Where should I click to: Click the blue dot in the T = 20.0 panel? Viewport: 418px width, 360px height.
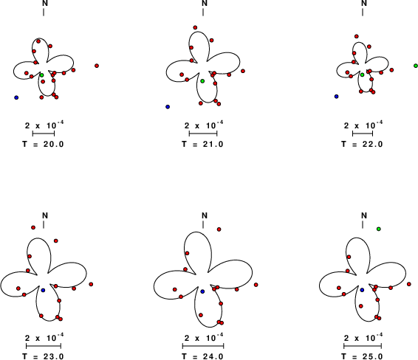[x=16, y=97]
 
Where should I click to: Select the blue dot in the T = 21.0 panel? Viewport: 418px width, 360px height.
[x=168, y=107]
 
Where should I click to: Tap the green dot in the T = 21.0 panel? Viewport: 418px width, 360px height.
[x=202, y=81]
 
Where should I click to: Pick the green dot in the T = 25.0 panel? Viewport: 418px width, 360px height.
[x=379, y=229]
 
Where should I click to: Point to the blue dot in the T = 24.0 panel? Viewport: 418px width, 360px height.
[x=202, y=291]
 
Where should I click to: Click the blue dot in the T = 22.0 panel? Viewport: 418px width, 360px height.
[x=337, y=97]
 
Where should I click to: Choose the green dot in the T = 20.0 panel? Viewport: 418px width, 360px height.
[x=41, y=75]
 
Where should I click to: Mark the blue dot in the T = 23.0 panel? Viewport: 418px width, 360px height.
[x=43, y=290]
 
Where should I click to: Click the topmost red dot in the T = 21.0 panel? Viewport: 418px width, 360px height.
[x=195, y=27]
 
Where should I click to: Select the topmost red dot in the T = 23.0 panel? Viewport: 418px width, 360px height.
[x=33, y=227]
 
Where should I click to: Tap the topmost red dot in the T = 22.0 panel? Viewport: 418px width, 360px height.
[x=357, y=36]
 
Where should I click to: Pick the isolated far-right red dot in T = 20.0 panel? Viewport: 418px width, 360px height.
[x=97, y=66]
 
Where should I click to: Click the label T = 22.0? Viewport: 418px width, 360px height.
[x=363, y=145]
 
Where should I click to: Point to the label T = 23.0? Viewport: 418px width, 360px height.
[x=43, y=356]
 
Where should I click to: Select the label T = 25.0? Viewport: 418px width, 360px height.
[x=363, y=356]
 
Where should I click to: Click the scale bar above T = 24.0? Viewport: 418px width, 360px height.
[x=203, y=346]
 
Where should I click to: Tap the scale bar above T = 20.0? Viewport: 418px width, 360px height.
[x=44, y=134]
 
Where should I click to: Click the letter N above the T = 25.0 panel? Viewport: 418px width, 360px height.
[x=364, y=215]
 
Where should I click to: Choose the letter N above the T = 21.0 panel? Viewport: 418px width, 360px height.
[x=205, y=3]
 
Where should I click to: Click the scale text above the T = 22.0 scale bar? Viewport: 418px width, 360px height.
[x=363, y=125]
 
